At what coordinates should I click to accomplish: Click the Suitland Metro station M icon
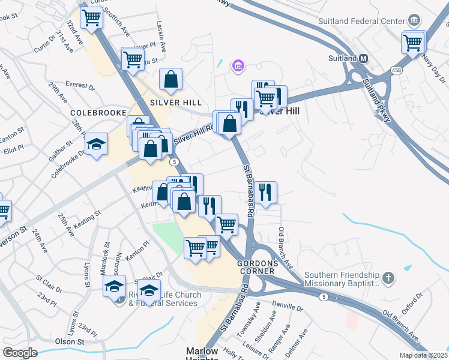pos(363,59)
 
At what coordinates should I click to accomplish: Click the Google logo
pos(20,353)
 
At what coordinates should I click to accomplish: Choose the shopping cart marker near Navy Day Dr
pos(413,43)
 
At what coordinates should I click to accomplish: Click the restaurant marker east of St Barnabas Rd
pos(265,193)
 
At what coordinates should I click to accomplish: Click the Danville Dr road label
pos(288,307)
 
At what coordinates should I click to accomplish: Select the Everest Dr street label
pos(80,86)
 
